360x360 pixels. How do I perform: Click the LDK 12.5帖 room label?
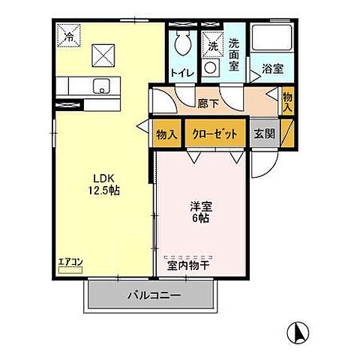pos(102,184)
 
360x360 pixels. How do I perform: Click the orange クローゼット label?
pos(217,134)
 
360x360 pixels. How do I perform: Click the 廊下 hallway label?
pos(208,97)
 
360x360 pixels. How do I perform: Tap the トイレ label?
pos(182,73)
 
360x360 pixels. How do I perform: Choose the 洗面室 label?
pos(235,55)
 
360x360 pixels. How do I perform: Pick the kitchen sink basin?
pos(100,85)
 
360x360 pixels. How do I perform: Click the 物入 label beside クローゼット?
pos(166,134)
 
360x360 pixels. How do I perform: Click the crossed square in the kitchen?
pos(102,54)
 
